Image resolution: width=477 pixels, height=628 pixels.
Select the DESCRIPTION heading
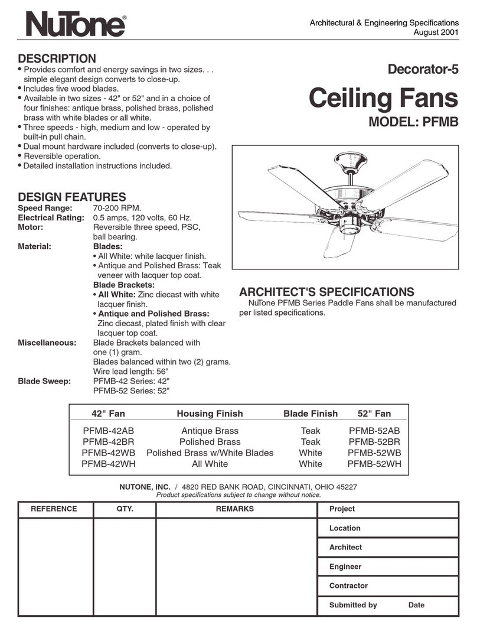coord(57,58)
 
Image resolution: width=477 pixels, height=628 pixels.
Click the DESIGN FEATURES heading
coord(71,197)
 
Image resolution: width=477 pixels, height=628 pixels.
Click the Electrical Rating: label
coord(51,218)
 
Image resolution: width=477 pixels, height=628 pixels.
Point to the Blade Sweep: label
coord(44,381)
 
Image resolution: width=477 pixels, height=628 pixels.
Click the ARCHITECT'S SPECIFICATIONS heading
coord(326,292)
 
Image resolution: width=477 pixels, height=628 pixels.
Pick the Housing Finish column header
coord(210,414)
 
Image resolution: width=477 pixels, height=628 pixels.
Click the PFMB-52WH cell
coord(374,464)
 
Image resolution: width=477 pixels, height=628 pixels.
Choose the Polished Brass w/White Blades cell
coord(210,453)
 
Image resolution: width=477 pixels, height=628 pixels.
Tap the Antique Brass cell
coord(210,431)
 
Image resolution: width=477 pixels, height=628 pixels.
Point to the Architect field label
coord(345,547)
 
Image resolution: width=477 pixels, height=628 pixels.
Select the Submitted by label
coord(353,605)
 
